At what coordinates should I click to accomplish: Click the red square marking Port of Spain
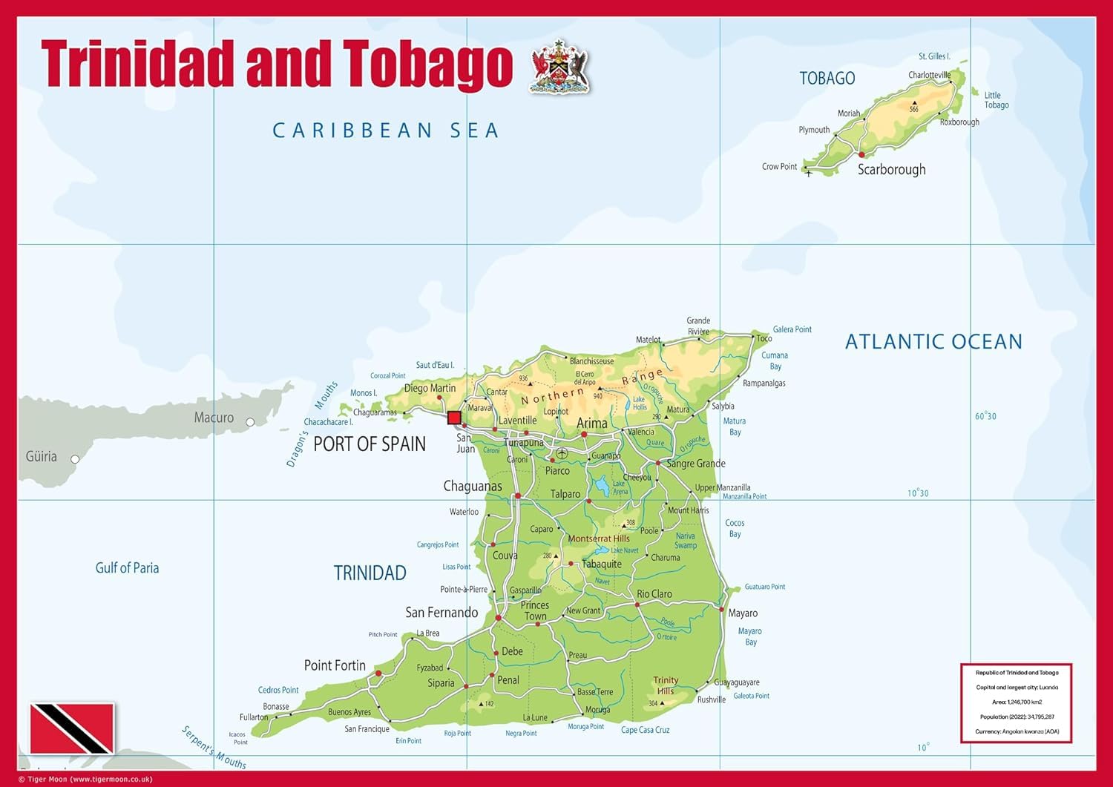click(454, 418)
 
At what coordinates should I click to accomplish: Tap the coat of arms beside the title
click(560, 67)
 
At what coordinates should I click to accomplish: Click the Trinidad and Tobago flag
click(72, 728)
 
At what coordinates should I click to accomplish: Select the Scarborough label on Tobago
click(891, 169)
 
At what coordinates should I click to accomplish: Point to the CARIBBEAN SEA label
click(386, 131)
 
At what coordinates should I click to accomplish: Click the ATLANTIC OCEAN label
click(933, 341)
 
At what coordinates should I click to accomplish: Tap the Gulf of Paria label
click(127, 567)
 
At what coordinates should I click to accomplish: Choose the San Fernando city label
click(441, 612)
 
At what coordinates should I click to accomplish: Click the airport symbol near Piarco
click(562, 453)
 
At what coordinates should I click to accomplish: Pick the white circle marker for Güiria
click(75, 459)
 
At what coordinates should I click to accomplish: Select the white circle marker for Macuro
click(250, 422)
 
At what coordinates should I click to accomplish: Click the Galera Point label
click(792, 329)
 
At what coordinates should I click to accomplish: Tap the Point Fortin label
click(335, 665)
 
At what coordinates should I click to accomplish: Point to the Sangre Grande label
click(696, 464)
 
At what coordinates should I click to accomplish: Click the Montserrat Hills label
click(598, 539)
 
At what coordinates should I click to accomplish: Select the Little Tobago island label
click(996, 100)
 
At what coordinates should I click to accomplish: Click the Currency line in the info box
click(1017, 731)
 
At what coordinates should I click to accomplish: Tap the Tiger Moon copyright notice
click(85, 779)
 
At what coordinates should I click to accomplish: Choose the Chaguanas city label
click(473, 486)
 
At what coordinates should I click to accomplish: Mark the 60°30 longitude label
click(985, 416)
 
